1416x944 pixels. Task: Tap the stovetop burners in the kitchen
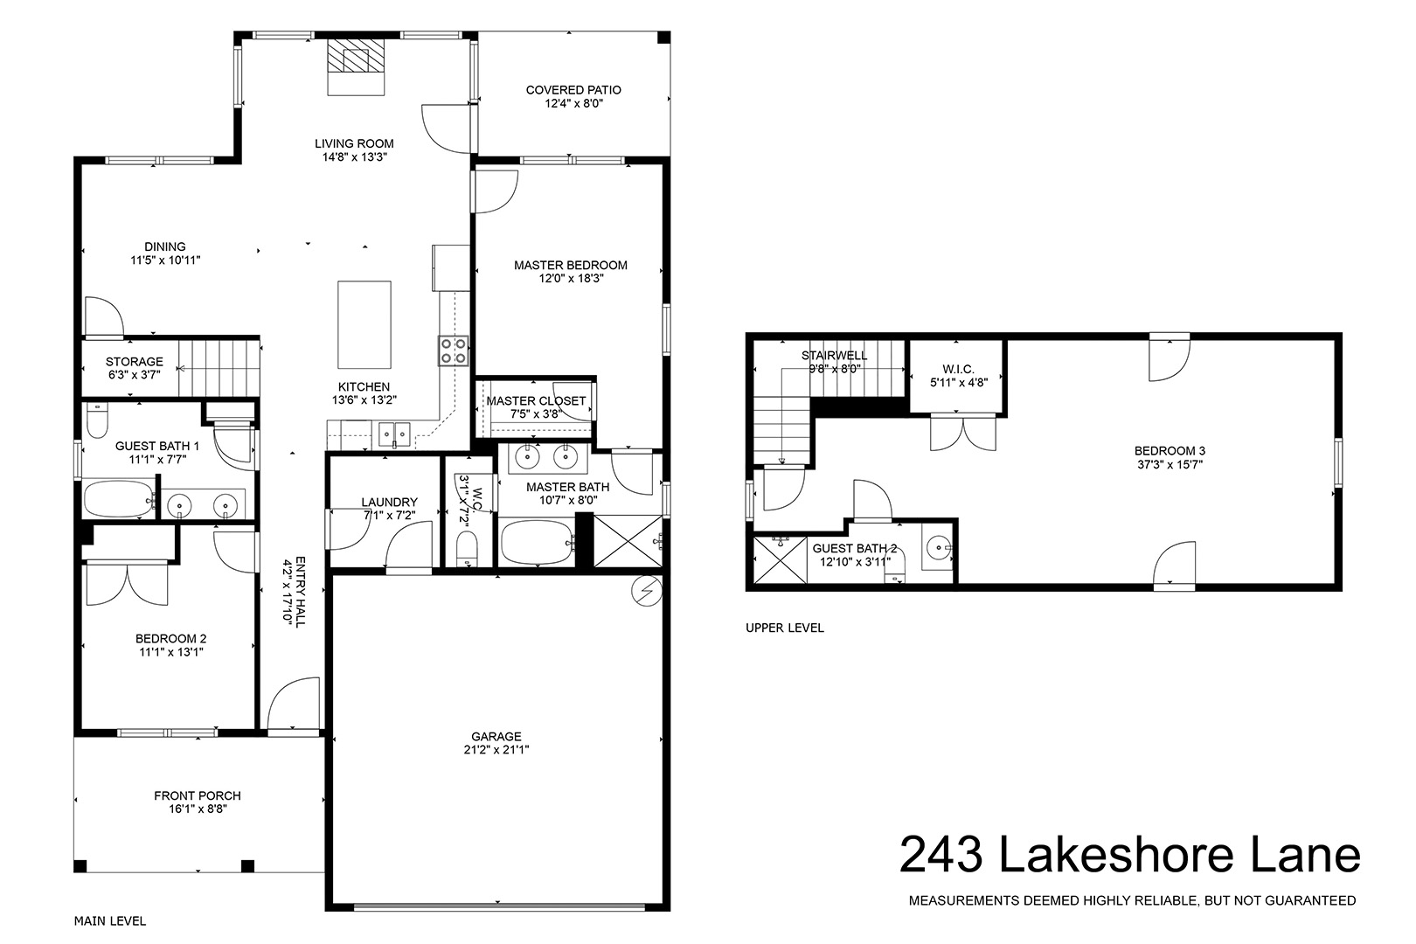(x=454, y=351)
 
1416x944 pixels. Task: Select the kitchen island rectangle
(x=364, y=324)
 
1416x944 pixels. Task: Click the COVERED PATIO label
(x=573, y=90)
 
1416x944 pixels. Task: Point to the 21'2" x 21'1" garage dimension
(x=496, y=750)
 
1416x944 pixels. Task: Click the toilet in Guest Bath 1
(x=97, y=421)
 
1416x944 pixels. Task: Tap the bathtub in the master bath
(x=538, y=543)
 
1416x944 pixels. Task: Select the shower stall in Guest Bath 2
(x=781, y=559)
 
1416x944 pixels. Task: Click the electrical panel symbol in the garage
(x=648, y=591)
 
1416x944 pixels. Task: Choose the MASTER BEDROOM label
(x=570, y=266)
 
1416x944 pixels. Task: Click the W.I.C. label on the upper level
(x=958, y=369)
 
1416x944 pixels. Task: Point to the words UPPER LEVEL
(x=785, y=628)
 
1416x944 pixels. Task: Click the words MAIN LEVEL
(x=110, y=921)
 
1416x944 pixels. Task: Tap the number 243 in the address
(x=941, y=854)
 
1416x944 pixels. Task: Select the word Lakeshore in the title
(x=1116, y=854)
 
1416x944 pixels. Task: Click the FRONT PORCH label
(x=198, y=796)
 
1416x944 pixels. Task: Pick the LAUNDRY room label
(x=390, y=502)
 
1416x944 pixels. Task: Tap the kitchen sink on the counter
(x=394, y=434)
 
